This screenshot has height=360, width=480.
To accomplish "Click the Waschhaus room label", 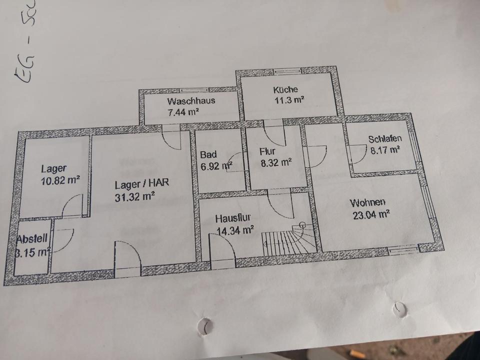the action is tap(191, 100).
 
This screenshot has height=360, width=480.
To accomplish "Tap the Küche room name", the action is tap(285, 90).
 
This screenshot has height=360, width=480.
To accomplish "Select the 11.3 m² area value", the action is tap(288, 99).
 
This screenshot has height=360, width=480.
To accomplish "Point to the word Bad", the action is tap(208, 154).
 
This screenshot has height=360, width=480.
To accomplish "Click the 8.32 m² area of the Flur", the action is tap(275, 162).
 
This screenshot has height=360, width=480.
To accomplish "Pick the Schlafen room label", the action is tap(385, 139).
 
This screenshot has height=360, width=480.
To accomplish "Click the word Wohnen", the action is tap(367, 203).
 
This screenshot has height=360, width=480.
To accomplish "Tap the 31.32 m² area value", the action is tap(134, 196).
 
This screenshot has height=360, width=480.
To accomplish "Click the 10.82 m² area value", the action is tap(60, 180).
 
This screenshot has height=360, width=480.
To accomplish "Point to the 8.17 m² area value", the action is tap(384, 149).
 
